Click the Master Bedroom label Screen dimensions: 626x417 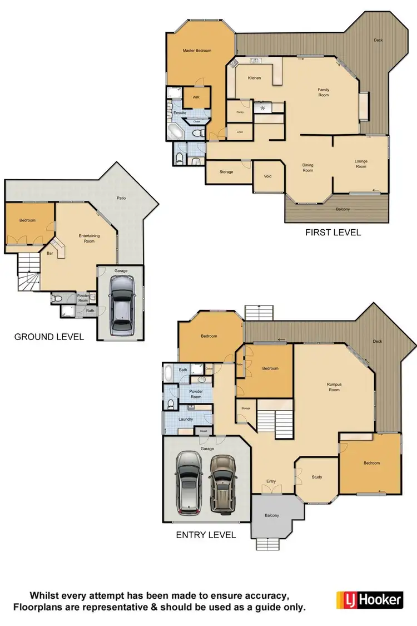[x=197, y=51]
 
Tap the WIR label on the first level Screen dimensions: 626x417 [x=196, y=97]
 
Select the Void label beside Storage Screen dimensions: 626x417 [x=267, y=176]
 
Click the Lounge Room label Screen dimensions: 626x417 [x=361, y=164]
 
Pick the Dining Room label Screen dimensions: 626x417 [x=308, y=167]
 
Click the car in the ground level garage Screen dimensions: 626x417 [x=121, y=303]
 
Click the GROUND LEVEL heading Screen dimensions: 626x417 [x=49, y=337]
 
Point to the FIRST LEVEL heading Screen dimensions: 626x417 [x=332, y=232]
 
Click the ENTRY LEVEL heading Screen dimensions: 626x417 [x=206, y=535]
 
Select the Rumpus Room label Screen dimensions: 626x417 [x=334, y=387]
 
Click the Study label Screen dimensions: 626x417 [x=316, y=477]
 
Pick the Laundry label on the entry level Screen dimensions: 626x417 [x=185, y=419]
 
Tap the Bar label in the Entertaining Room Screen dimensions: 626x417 [x=49, y=253]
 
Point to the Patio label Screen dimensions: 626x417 [x=120, y=198]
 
